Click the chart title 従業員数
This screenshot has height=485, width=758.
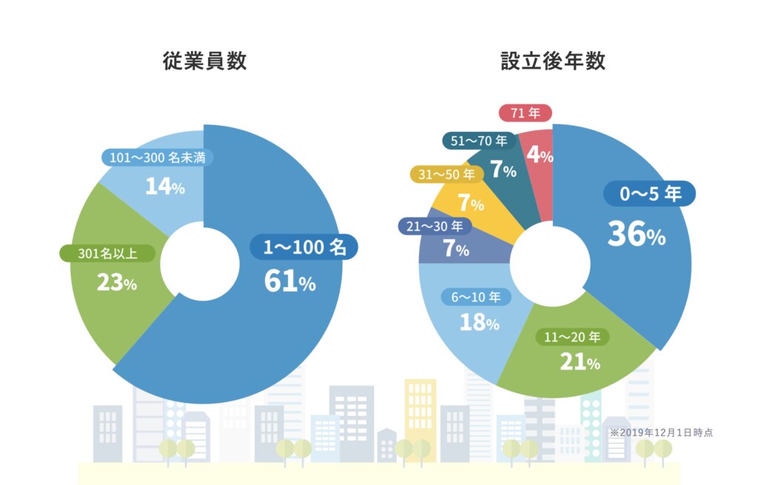204,61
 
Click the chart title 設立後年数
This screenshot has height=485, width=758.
552,61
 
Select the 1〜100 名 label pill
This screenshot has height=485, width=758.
303,247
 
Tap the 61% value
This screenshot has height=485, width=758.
289,281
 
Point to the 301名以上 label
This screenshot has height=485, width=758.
107,254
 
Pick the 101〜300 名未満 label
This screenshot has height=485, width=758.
157,158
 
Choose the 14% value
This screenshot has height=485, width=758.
164,187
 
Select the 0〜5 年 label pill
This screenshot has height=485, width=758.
650,194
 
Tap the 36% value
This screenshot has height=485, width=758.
636,234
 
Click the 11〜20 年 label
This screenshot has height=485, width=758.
572,337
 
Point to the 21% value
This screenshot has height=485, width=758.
580,362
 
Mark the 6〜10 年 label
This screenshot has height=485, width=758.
476,298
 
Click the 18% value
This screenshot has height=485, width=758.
479,323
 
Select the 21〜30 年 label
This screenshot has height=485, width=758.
436,226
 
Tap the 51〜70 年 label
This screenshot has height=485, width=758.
479,141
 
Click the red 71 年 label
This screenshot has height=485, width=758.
525,113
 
